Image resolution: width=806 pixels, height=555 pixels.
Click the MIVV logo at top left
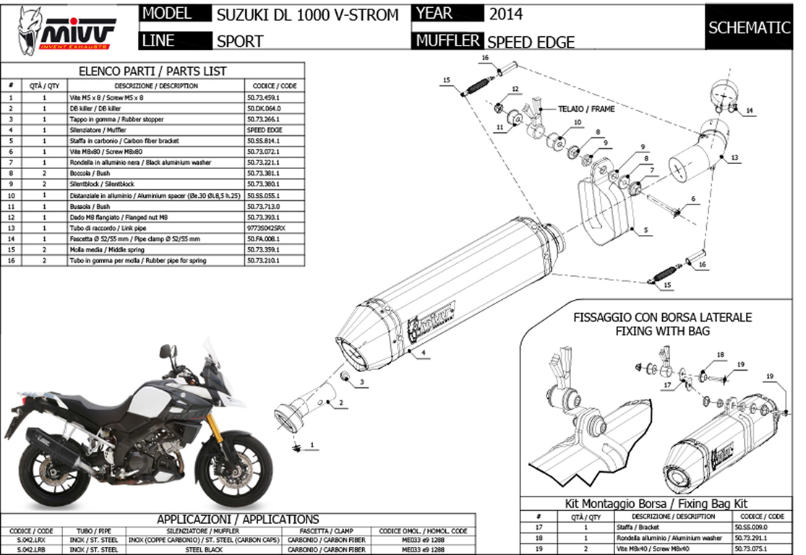point(67,29)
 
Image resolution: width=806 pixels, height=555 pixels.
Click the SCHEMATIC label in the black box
point(749,28)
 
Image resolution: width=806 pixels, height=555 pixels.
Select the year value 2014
point(505,14)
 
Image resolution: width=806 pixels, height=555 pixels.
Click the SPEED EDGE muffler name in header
point(531,42)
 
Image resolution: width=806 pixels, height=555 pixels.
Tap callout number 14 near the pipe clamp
point(750,111)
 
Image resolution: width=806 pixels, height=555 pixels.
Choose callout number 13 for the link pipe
point(734,157)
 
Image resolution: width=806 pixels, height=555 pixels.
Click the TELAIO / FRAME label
point(576,108)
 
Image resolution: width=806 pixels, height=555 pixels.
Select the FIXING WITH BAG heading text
point(662,331)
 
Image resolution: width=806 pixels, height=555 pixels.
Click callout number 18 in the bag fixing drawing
point(720,354)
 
